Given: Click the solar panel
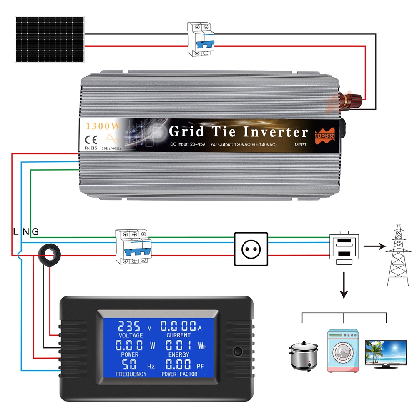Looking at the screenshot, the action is [x=50, y=39].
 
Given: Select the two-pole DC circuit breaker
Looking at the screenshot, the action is [x=201, y=39].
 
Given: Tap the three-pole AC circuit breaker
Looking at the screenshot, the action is [x=133, y=246].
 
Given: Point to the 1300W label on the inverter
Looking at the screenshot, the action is [x=103, y=126].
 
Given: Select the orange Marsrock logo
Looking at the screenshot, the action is [x=325, y=136].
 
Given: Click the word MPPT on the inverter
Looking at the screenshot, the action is [x=301, y=145].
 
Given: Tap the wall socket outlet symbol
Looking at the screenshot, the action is [x=251, y=249].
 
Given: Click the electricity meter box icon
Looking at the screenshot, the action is [x=344, y=247].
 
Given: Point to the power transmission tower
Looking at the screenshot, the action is [x=398, y=255].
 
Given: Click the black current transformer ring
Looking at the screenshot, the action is [x=50, y=255].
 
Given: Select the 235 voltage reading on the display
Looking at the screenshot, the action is [x=129, y=326].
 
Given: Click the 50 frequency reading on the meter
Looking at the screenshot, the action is [x=129, y=364].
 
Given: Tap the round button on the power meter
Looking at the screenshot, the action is [x=238, y=351].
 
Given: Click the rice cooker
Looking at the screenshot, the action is [x=304, y=355].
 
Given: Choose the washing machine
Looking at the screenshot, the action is [x=343, y=351].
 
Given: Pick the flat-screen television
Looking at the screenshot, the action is [x=386, y=354].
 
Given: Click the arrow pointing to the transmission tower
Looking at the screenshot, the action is [x=375, y=246].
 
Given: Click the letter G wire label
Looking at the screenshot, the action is [x=35, y=232].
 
